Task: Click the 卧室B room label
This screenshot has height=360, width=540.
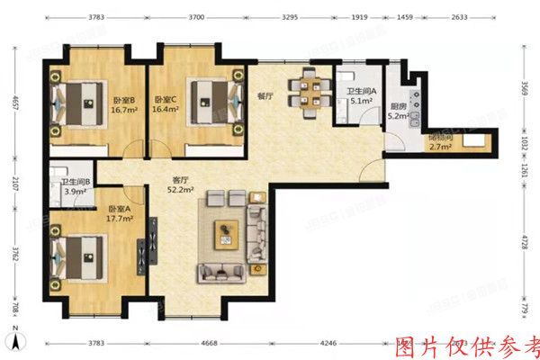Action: pos(123,105)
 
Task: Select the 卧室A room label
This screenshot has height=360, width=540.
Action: pos(117,213)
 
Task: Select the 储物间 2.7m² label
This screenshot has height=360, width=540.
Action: pos(440,143)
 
